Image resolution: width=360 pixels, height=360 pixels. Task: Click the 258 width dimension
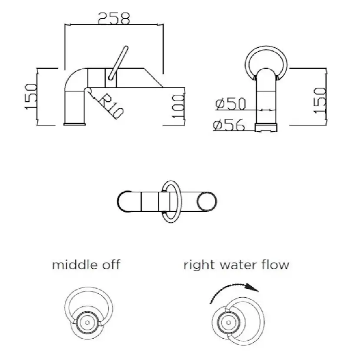coord(114,18)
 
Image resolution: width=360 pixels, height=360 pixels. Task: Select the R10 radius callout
coord(111,106)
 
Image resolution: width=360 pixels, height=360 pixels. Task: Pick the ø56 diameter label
coord(229,125)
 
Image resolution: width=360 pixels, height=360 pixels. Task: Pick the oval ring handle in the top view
coord(169,202)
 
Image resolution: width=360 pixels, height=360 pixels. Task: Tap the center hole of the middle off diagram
coord(88,323)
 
